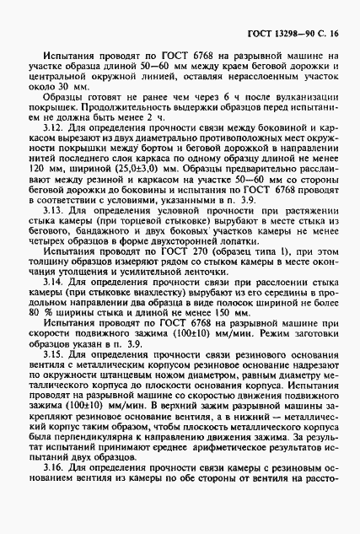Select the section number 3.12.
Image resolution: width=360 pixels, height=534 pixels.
point(50,151)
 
